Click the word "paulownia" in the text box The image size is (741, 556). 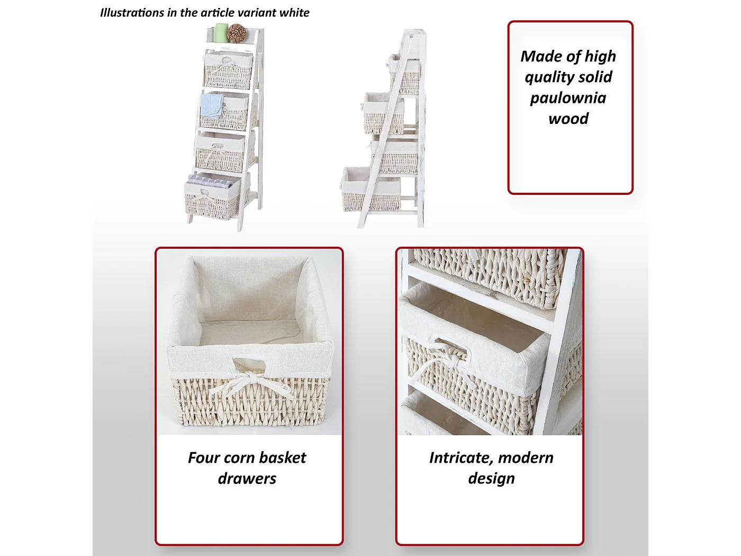tap(568, 98)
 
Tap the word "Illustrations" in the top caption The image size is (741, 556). tap(132, 13)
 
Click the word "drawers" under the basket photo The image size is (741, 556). tap(247, 479)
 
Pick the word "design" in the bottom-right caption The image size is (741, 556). tap(491, 479)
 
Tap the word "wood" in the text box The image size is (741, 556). tap(568, 119)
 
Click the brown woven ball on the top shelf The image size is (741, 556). tap(236, 33)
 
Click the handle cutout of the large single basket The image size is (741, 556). tap(249, 364)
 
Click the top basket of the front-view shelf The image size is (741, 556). tap(229, 71)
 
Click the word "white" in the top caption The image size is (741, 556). tap(294, 13)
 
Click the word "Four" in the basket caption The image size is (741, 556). tap(203, 458)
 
